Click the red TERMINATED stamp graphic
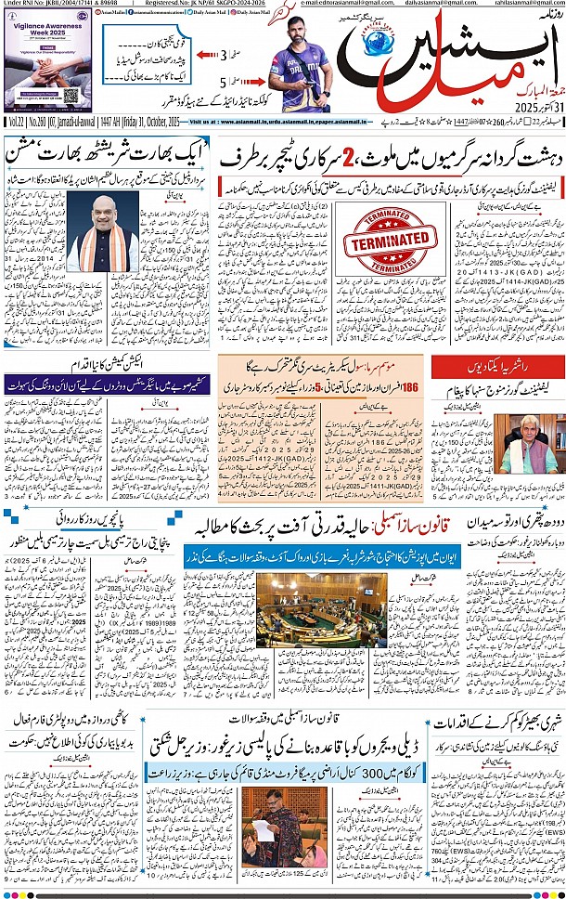point(389,239)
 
